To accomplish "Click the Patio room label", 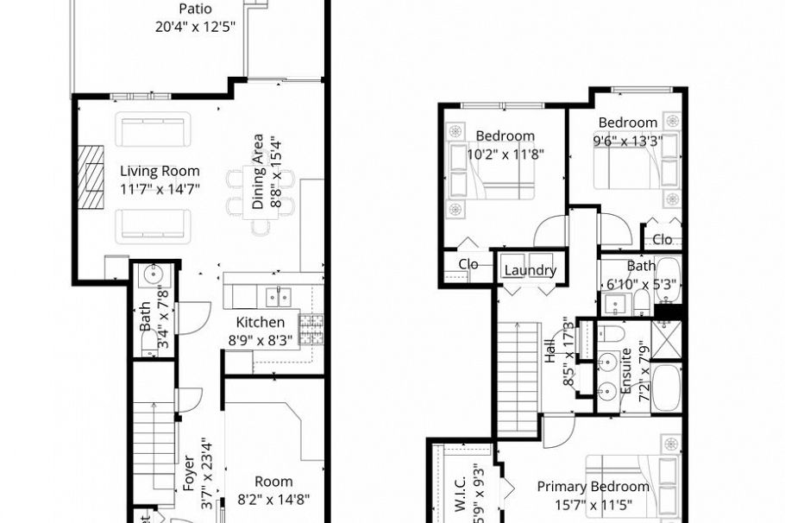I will pyautogui.click(x=195, y=9).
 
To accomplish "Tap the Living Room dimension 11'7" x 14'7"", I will pyautogui.click(x=160, y=189).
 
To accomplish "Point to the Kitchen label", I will pyautogui.click(x=261, y=323).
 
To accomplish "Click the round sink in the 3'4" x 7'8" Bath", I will pyautogui.click(x=153, y=276).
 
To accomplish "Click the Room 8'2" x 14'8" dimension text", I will pyautogui.click(x=273, y=499).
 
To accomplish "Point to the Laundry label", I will pyautogui.click(x=530, y=270).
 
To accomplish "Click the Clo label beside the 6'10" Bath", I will pyautogui.click(x=663, y=239).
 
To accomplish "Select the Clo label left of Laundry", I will pyautogui.click(x=468, y=265).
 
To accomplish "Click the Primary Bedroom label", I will pyautogui.click(x=593, y=487).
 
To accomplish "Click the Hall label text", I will pyautogui.click(x=550, y=355).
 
